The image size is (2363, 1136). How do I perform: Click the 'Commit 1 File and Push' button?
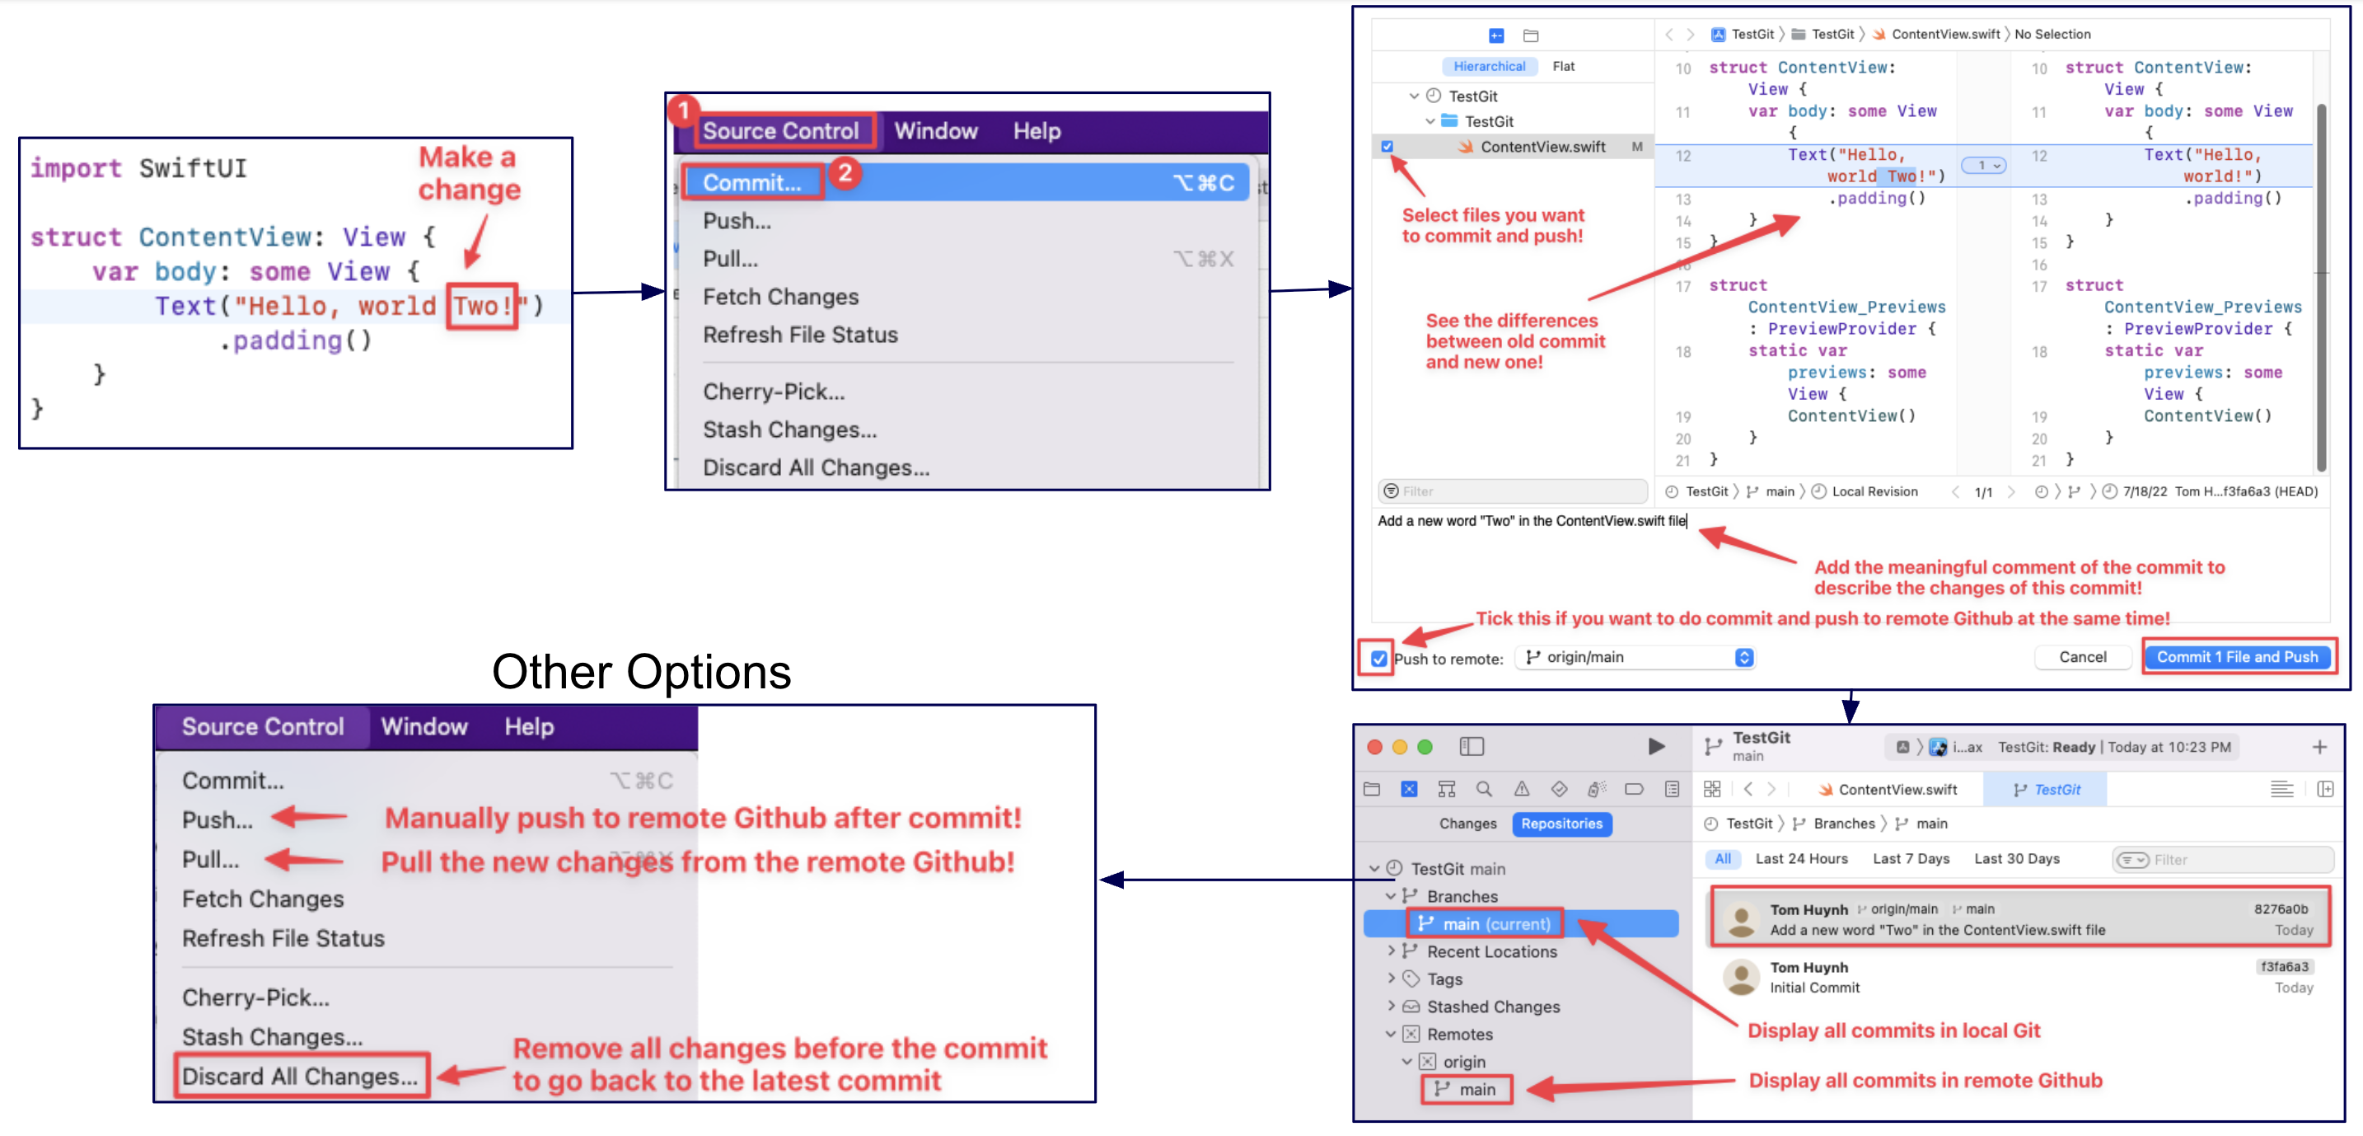click(2236, 657)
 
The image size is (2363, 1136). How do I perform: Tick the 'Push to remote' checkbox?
click(1378, 659)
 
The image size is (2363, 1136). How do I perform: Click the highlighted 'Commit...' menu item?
click(751, 183)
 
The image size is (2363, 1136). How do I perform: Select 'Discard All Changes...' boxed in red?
click(300, 1077)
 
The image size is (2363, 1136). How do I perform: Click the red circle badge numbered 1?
click(682, 111)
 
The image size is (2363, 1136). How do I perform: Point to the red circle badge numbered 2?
click(845, 172)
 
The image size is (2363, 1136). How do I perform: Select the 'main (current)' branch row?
click(1495, 924)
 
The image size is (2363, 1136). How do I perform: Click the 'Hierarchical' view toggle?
click(1489, 66)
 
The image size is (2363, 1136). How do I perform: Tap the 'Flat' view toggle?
click(1563, 66)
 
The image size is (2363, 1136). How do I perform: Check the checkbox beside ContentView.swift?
click(1387, 146)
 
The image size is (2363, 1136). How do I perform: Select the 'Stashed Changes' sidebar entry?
click(1492, 1007)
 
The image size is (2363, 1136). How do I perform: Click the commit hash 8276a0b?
click(2281, 909)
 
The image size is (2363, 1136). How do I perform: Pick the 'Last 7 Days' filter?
click(1911, 859)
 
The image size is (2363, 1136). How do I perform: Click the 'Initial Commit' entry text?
click(1814, 988)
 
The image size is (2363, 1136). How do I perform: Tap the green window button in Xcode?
click(1425, 747)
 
